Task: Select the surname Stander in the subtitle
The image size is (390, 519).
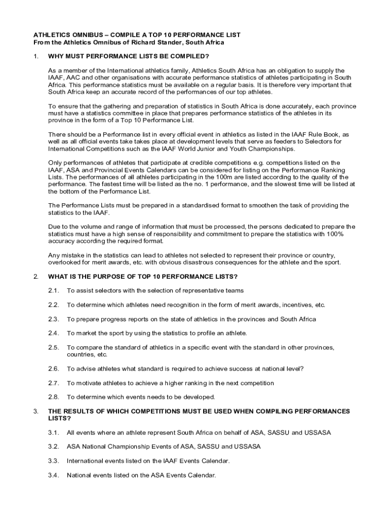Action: (x=178, y=43)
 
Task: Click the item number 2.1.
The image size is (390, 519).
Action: (x=54, y=290)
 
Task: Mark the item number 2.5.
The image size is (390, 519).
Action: (x=54, y=347)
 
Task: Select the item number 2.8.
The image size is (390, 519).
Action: (x=54, y=397)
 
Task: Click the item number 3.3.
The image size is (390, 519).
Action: (x=54, y=461)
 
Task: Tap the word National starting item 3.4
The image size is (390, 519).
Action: (x=80, y=475)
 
